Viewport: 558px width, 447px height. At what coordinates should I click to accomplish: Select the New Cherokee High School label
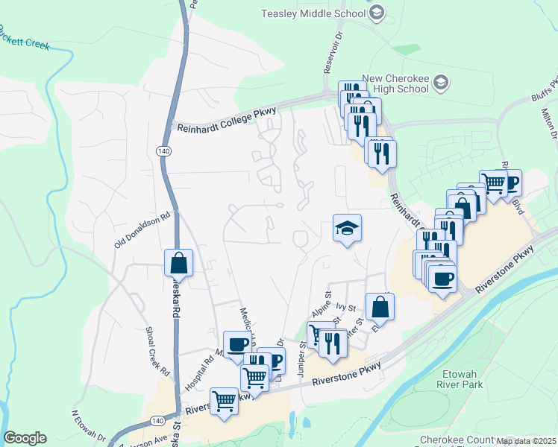pos(395,83)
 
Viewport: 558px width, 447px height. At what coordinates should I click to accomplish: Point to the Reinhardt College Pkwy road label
pos(227,119)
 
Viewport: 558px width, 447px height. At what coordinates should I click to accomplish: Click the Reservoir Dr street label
pos(332,51)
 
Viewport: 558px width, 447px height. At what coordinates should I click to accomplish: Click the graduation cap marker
pos(346,227)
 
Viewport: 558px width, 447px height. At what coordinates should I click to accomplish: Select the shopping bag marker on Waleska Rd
pos(179,261)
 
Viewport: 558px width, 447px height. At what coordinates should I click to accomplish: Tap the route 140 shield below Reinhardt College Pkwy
pos(163,150)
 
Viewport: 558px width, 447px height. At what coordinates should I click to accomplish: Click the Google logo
pos(25,437)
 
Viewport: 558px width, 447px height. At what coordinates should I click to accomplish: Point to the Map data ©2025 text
pos(526,440)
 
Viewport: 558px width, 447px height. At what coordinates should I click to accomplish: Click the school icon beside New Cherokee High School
pos(441,83)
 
